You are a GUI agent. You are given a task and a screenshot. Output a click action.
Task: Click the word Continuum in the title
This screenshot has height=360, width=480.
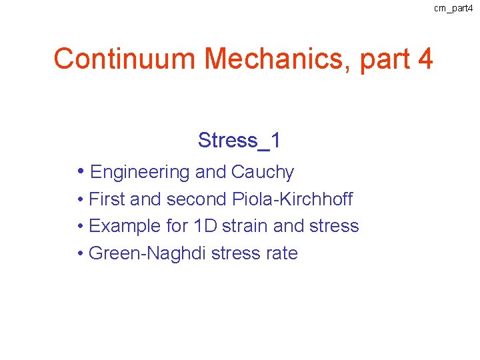(125, 59)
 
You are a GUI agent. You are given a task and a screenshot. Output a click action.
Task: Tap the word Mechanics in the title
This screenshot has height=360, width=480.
(278, 59)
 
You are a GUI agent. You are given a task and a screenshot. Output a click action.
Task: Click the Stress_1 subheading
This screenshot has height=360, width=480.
(239, 141)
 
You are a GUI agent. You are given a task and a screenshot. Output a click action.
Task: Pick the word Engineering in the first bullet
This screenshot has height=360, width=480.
(140, 173)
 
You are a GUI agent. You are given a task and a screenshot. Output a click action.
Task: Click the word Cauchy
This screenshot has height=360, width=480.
(263, 173)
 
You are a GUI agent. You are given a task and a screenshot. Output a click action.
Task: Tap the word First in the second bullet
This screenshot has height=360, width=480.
(106, 199)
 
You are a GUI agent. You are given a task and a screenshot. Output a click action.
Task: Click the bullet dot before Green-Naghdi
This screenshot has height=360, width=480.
(80, 254)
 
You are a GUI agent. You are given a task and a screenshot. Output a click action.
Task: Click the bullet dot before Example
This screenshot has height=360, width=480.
(80, 227)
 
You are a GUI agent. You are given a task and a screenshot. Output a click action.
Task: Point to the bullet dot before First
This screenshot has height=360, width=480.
(80, 199)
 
